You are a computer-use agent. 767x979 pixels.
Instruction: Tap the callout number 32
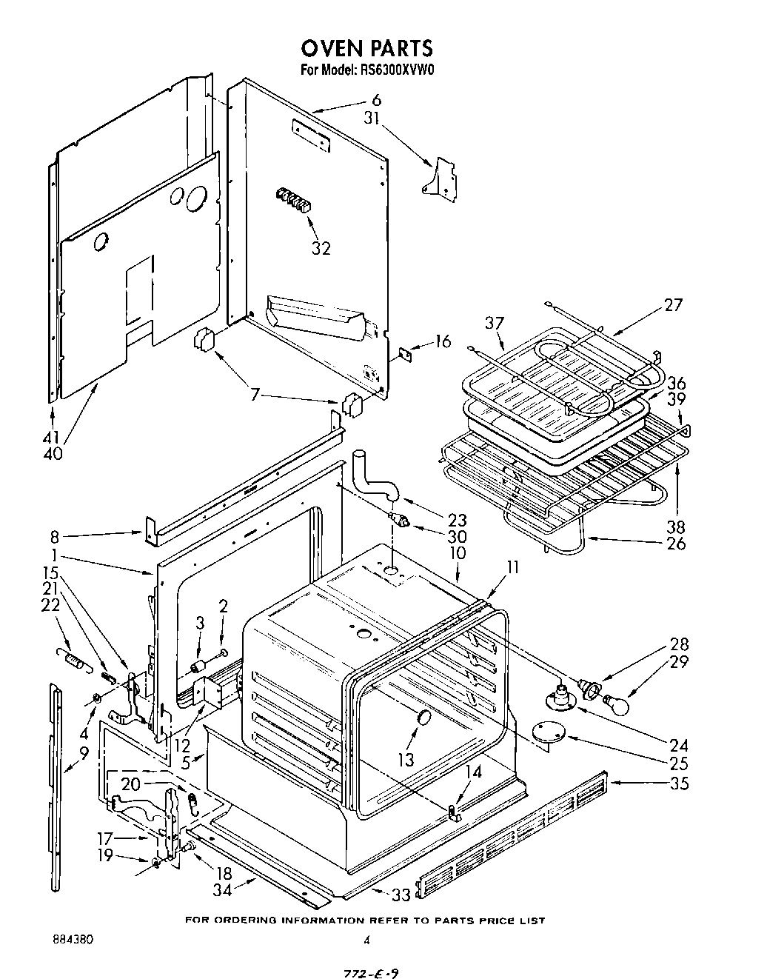pos(321,248)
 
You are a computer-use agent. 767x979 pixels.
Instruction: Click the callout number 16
pos(442,341)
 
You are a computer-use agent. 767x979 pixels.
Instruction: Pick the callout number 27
pos(672,304)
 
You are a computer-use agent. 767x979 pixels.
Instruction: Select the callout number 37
pos(495,324)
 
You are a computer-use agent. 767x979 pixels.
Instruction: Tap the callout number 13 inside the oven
pos(406,759)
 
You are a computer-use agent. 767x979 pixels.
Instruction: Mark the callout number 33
pos(401,895)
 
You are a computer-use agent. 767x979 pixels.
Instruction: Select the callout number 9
pos(84,754)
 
